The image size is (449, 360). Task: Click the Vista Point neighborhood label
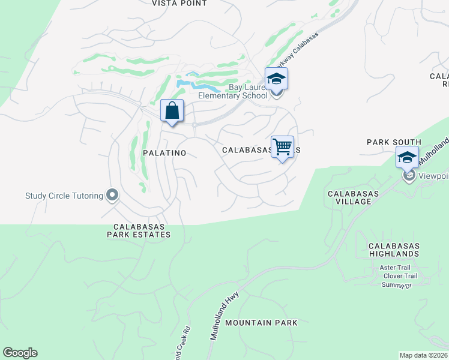click(179, 4)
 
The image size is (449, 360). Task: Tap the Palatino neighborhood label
click(164, 153)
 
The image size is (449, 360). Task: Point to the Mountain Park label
click(261, 323)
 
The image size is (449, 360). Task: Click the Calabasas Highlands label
click(394, 250)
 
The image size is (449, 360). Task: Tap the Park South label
click(394, 142)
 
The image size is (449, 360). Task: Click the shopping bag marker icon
click(172, 110)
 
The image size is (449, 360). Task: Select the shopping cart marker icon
click(282, 146)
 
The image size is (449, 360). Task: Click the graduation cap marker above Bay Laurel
click(276, 79)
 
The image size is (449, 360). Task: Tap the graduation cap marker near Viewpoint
click(407, 158)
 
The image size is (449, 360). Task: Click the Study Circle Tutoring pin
click(112, 195)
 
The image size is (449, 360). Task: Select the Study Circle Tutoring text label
click(64, 195)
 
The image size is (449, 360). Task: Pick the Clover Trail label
click(400, 276)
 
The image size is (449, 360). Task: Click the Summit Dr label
click(397, 285)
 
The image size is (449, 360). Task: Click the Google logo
click(20, 353)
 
